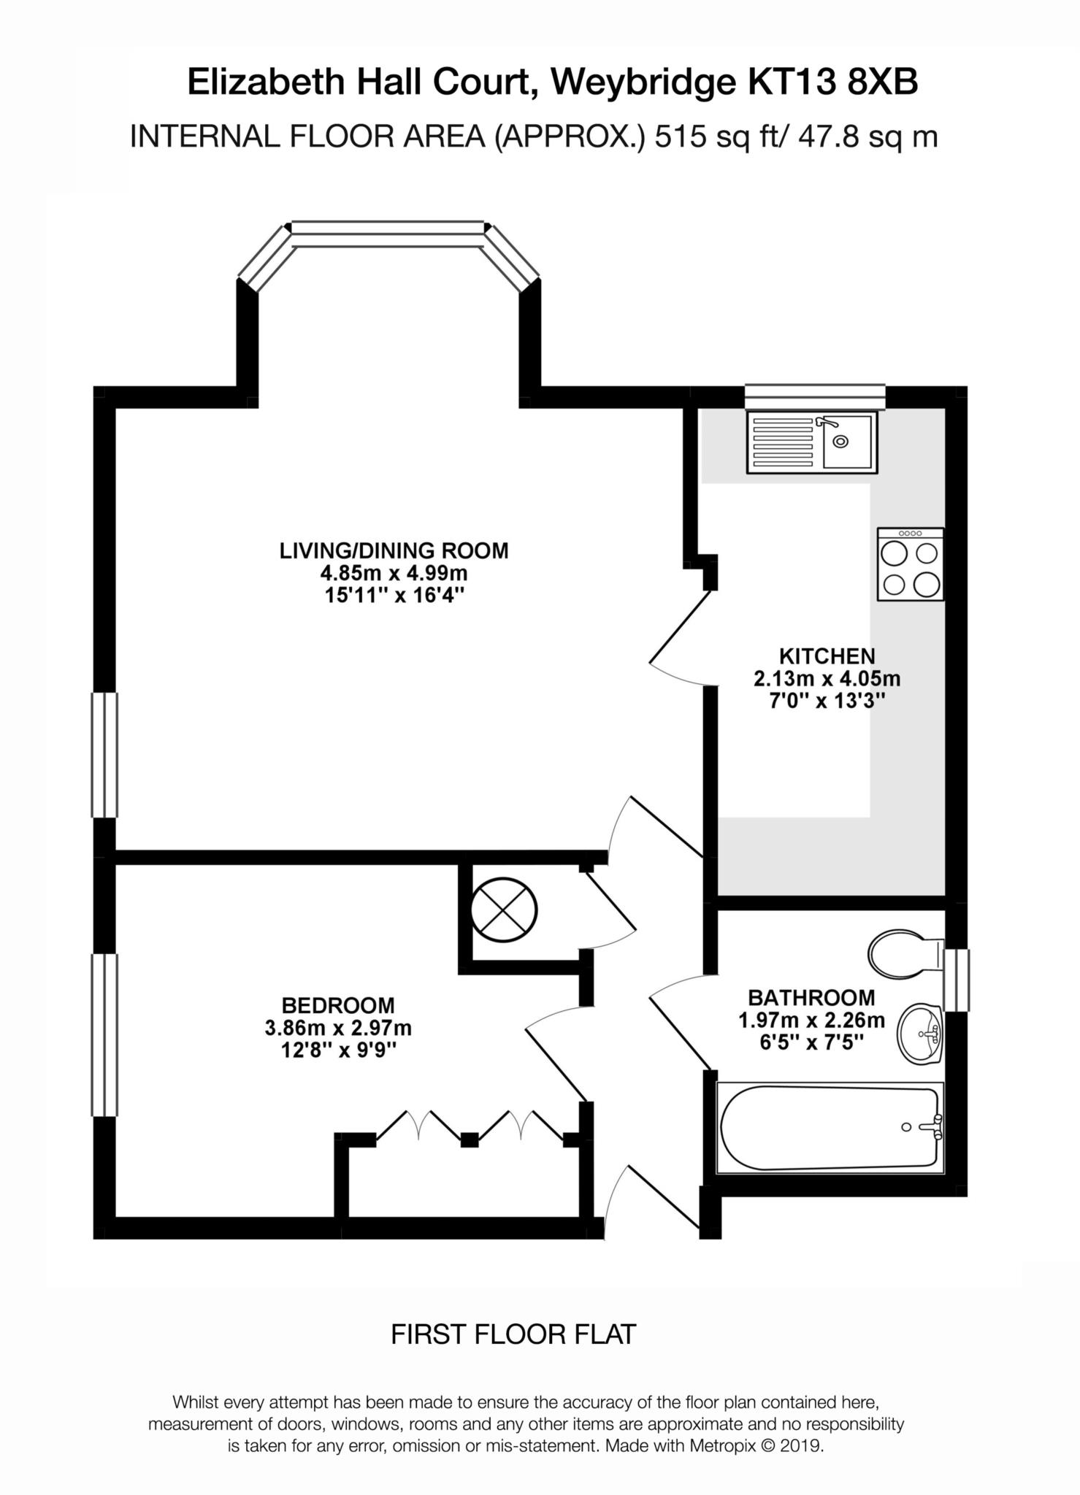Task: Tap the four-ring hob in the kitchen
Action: pyautogui.click(x=910, y=564)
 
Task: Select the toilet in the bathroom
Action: pyautogui.click(x=904, y=953)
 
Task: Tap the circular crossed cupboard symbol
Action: pyautogui.click(x=504, y=911)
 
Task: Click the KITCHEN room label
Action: pyautogui.click(x=827, y=656)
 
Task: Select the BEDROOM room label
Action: pyautogui.click(x=337, y=1005)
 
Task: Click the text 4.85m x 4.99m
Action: pyautogui.click(x=394, y=573)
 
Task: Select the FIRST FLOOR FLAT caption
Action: pyautogui.click(x=513, y=1334)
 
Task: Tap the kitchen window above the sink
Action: pyautogui.click(x=814, y=397)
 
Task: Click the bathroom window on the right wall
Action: pyautogui.click(x=956, y=980)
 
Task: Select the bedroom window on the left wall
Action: pyautogui.click(x=104, y=1034)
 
